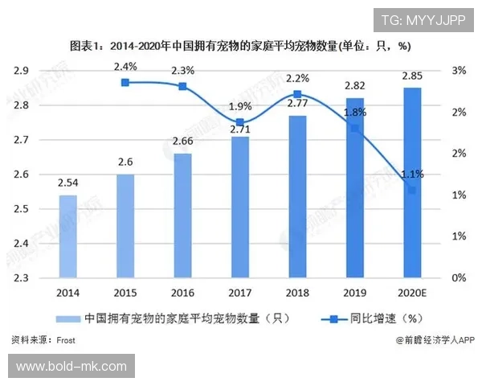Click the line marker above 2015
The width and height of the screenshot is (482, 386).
125,82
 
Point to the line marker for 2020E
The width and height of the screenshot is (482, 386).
412,190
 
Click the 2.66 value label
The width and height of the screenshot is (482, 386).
182,142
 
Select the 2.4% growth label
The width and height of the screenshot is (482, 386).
125,66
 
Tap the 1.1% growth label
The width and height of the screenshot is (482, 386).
412,174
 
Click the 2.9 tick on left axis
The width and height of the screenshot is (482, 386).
22,71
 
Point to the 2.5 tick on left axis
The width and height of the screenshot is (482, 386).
22,209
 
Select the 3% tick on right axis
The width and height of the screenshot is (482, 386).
459,71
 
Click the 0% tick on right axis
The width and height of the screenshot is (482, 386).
459,277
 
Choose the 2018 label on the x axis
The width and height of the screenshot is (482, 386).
297,294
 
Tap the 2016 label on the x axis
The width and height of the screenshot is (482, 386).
182,294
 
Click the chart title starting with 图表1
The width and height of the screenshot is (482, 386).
241,44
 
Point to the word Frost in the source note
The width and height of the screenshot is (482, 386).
66,340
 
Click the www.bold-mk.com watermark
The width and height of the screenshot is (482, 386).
71,367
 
